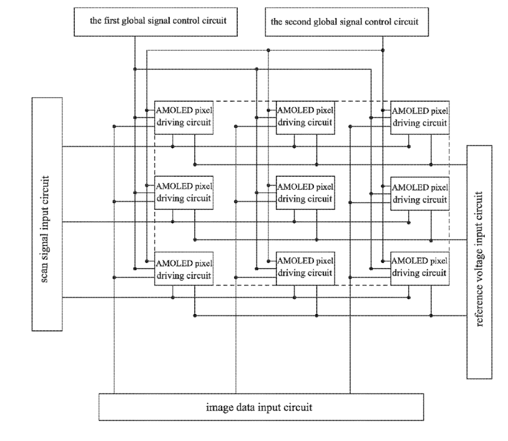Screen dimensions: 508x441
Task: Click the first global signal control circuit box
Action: click(x=155, y=22)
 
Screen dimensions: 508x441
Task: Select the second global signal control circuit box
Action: click(x=346, y=22)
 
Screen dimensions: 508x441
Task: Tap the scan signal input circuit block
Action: click(x=47, y=214)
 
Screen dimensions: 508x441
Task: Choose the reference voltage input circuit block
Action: click(x=479, y=262)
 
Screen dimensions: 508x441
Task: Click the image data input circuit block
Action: click(x=261, y=407)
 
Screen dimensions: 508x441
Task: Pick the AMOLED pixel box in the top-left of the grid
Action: click(x=183, y=117)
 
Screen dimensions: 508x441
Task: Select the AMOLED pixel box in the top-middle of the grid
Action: click(x=305, y=117)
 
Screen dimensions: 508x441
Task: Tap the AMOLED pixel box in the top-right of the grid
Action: click(x=419, y=117)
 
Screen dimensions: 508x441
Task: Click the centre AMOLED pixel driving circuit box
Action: click(x=305, y=193)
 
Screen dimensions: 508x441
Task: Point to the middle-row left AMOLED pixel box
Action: click(x=183, y=193)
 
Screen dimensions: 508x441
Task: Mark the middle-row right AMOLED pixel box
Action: click(x=419, y=194)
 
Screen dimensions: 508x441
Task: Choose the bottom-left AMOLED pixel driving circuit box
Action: click(x=183, y=269)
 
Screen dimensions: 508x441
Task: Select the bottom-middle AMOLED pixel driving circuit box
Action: click(x=305, y=269)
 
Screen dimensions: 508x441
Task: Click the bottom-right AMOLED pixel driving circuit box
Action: click(x=419, y=269)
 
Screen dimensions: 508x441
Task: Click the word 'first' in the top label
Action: click(x=112, y=21)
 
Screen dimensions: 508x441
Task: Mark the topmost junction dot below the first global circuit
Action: click(x=135, y=69)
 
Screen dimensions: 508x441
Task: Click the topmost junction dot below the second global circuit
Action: click(x=383, y=50)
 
